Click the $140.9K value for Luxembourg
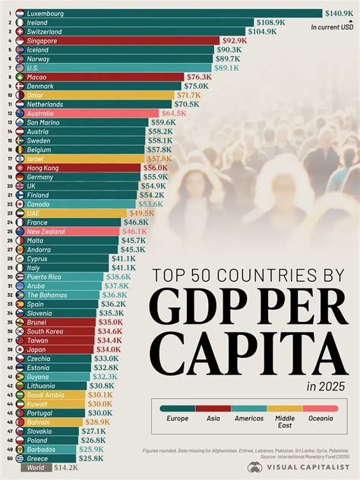[339, 13]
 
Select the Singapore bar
[122, 40]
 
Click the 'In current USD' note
[333, 27]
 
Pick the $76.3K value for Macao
[199, 77]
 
